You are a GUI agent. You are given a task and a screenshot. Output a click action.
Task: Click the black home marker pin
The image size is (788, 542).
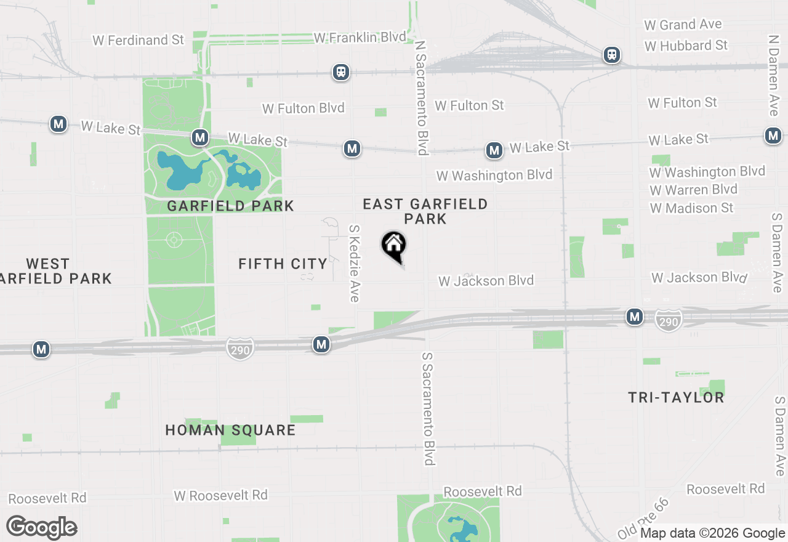[x=394, y=246]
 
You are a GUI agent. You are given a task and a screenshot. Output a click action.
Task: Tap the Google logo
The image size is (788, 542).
[x=42, y=527]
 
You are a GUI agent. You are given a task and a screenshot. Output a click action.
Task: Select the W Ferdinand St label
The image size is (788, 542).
[x=139, y=40]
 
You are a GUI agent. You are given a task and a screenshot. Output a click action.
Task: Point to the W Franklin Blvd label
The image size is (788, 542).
[x=360, y=38]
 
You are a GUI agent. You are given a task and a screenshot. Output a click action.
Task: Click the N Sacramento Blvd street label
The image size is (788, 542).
[x=421, y=99]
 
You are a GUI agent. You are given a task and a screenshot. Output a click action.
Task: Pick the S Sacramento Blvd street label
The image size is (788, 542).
[x=429, y=409]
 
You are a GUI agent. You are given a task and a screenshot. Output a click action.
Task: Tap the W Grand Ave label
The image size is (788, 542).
[x=683, y=25]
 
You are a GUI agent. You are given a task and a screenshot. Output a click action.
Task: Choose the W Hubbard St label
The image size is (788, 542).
[x=686, y=46]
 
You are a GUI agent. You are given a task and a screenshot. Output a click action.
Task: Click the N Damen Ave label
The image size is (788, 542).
[x=774, y=75]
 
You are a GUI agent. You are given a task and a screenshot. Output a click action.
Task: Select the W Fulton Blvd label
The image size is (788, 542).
[x=303, y=108]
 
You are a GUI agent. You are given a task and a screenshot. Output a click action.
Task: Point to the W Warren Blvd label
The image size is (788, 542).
[x=693, y=190]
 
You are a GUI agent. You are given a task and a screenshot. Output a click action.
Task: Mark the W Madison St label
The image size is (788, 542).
[x=691, y=208]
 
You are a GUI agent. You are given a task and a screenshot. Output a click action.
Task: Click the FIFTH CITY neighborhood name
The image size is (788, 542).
[x=283, y=264]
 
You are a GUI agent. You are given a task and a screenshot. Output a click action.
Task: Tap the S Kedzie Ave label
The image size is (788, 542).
[x=354, y=263]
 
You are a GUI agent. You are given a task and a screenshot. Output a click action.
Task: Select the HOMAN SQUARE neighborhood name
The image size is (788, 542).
[x=230, y=430]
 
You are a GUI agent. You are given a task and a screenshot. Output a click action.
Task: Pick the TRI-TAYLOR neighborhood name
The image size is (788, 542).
[x=676, y=397]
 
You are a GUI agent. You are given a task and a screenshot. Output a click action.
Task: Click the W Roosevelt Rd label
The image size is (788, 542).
[x=220, y=495]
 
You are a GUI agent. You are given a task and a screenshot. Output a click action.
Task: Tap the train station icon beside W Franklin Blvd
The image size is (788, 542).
[x=340, y=72]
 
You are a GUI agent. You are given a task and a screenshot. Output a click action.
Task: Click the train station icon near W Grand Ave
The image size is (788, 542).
[x=611, y=55]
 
